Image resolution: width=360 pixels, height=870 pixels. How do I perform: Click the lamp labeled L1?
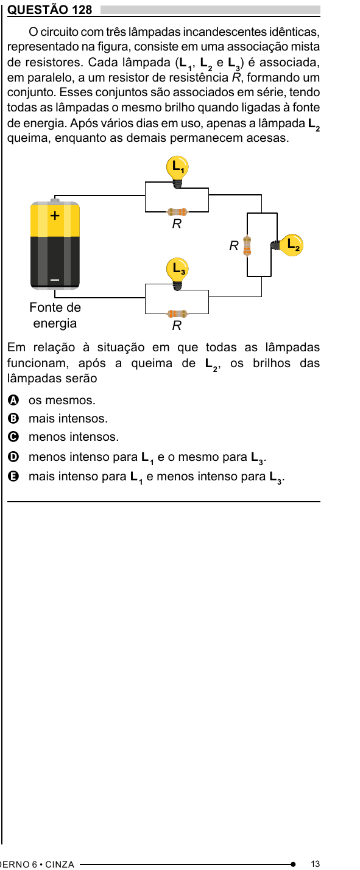click(x=177, y=171)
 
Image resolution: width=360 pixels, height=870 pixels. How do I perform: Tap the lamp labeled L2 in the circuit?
click(x=288, y=245)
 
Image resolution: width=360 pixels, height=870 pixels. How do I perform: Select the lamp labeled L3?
click(x=177, y=273)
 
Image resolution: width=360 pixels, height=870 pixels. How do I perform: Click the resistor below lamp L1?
click(x=177, y=212)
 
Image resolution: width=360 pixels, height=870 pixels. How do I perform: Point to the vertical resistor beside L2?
click(x=247, y=246)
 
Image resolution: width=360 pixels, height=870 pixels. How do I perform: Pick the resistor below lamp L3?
click(x=177, y=314)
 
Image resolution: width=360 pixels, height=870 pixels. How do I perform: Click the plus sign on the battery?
click(x=55, y=215)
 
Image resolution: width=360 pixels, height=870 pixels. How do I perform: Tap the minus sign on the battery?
click(x=55, y=279)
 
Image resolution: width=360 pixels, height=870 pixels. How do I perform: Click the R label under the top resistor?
click(x=177, y=224)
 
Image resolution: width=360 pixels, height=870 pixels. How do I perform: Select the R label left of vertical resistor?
click(x=234, y=246)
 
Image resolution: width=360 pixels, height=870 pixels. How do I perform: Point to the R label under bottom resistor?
click(x=177, y=326)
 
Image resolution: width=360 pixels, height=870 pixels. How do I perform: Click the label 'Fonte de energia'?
click(x=55, y=315)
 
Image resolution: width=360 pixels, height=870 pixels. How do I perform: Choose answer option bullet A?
click(x=13, y=400)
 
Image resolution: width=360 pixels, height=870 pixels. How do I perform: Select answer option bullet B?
click(x=13, y=418)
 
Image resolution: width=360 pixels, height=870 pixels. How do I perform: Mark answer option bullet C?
click(x=13, y=437)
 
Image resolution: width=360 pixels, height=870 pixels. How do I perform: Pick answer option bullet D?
click(x=13, y=457)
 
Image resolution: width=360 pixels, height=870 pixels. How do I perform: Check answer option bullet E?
click(x=13, y=476)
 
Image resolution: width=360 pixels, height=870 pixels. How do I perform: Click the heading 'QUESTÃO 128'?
click(x=50, y=9)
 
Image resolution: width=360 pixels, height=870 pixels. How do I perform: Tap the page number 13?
click(x=316, y=864)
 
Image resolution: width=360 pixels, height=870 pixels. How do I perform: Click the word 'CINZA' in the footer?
click(x=60, y=864)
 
